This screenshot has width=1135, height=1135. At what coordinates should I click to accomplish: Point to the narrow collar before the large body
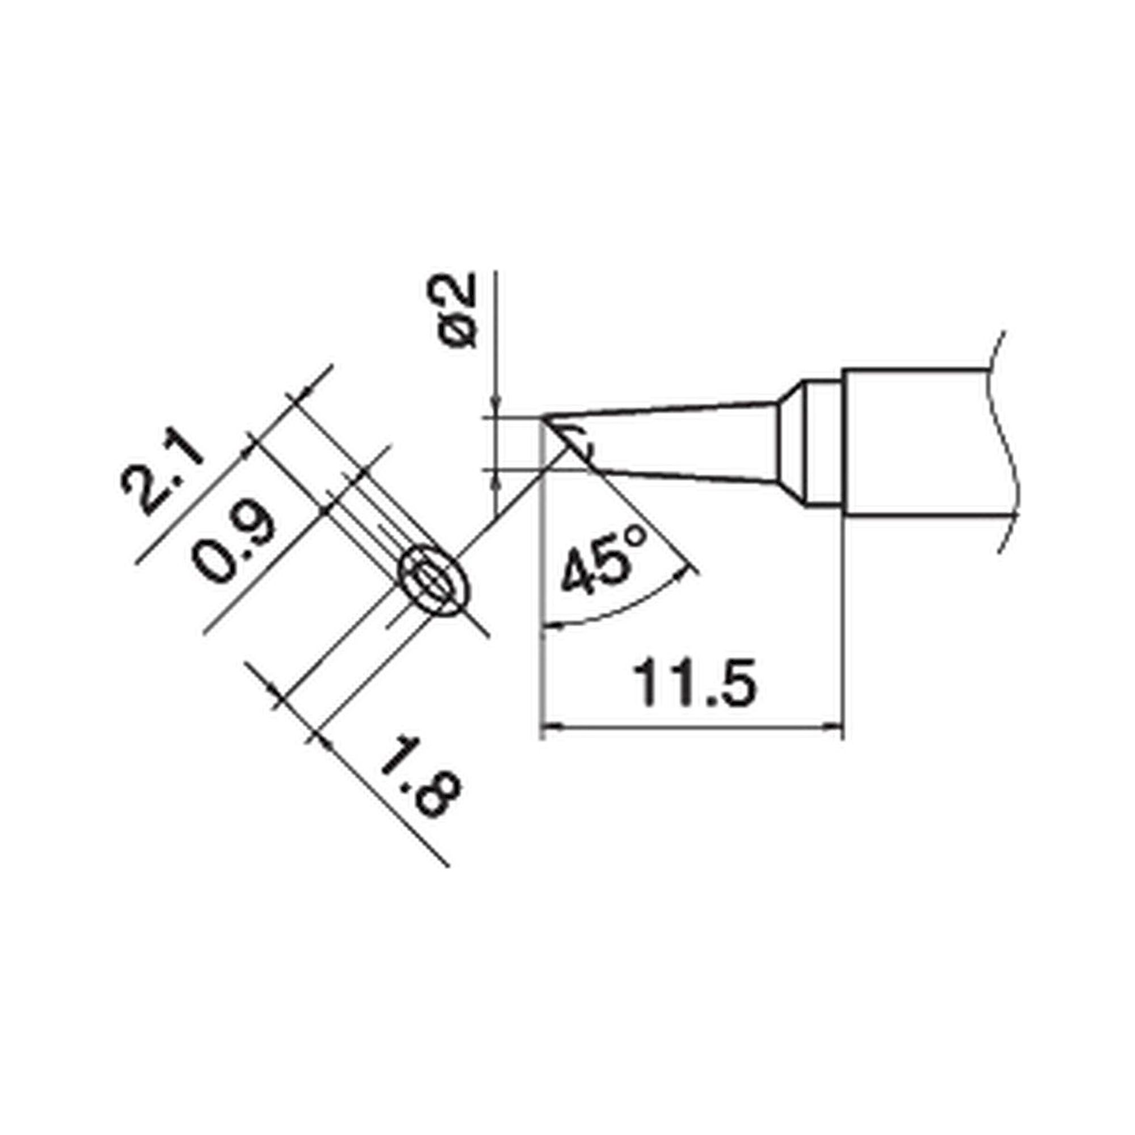(x=822, y=444)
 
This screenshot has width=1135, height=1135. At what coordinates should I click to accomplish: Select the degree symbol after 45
(x=637, y=537)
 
